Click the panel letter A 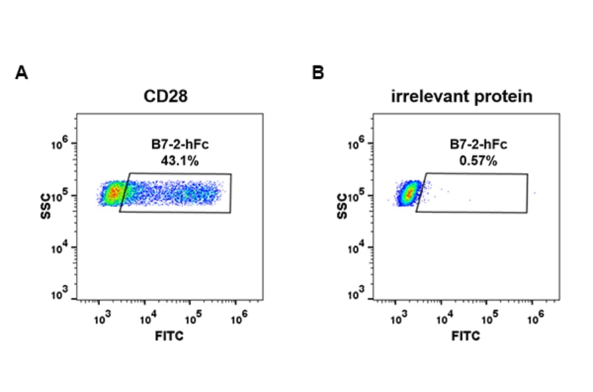coord(21,73)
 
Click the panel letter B coord(318,73)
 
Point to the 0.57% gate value coord(469,160)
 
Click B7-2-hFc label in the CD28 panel coord(173,145)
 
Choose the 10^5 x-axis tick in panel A coord(191,319)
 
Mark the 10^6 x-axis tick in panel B coord(534,319)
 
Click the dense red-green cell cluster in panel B coord(409,194)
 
